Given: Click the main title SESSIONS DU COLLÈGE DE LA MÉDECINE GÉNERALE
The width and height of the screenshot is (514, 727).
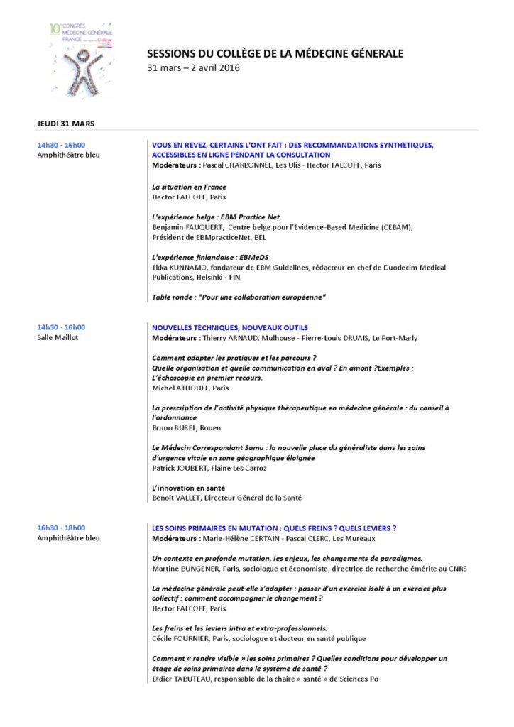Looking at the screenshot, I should pyautogui.click(x=275, y=53).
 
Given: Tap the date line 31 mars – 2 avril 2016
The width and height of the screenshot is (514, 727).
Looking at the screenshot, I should pyautogui.click(x=193, y=68).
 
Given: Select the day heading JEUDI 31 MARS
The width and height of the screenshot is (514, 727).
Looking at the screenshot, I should pyautogui.click(x=66, y=124).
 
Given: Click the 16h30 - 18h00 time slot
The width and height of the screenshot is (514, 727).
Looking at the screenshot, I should pyautogui.click(x=61, y=528).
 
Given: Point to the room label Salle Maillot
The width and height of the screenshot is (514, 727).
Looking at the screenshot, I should pyautogui.click(x=58, y=337).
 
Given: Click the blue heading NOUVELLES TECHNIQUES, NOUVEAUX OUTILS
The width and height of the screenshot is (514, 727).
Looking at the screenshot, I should pyautogui.click(x=230, y=327).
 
